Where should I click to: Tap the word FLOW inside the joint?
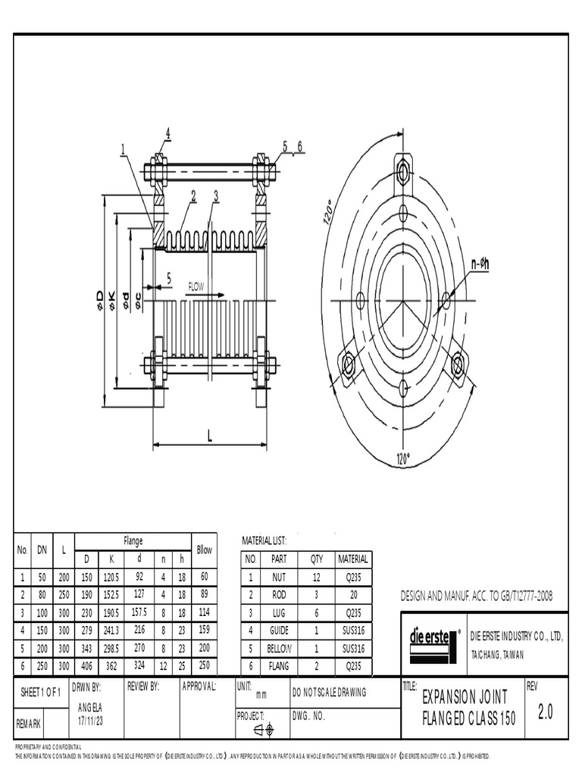196,287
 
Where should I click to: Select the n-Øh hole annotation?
480,264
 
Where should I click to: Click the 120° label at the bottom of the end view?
403,458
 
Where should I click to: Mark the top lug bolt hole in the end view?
403,173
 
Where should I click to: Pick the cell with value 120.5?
112,577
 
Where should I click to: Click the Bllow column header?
204,550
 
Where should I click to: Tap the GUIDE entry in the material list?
280,630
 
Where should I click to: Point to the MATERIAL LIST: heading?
264,540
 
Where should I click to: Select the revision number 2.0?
545,712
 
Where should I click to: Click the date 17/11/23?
90,721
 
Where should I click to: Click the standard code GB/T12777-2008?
516,596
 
